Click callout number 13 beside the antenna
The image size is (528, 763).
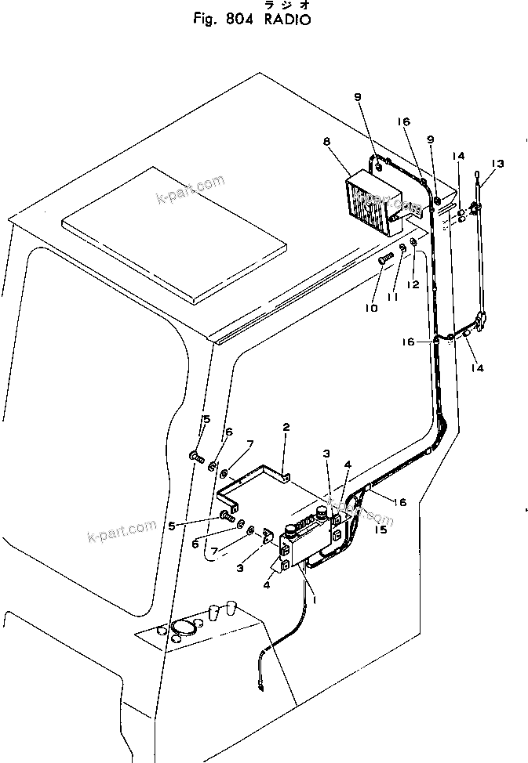pos(498,164)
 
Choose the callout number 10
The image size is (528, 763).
pos(370,309)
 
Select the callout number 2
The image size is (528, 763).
pos(286,428)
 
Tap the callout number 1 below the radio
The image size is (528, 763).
pos(314,600)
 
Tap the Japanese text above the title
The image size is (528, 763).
pos(280,5)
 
